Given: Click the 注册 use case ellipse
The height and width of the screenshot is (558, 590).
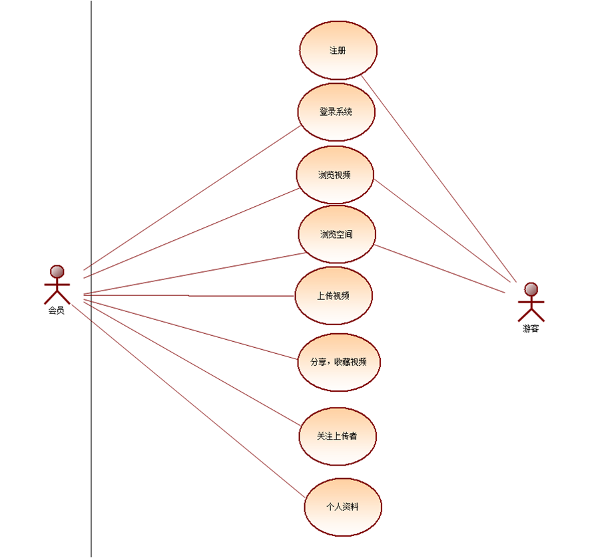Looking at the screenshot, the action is (338, 51).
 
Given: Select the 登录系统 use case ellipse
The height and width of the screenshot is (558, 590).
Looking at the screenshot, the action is (336, 112).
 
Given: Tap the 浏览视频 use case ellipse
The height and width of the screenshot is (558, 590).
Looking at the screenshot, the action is (335, 175).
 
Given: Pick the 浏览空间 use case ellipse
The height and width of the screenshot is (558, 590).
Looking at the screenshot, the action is (337, 234).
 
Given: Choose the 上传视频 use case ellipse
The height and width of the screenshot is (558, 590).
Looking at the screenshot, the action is (334, 295).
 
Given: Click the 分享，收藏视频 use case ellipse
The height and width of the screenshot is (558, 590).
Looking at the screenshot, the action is (339, 362).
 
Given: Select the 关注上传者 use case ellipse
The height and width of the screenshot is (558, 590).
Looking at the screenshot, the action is (338, 436).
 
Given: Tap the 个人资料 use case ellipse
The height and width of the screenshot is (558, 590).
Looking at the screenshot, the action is (343, 507).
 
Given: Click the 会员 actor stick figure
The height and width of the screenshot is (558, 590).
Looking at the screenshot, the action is (57, 286).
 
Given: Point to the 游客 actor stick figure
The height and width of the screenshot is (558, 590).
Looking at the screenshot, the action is (531, 303).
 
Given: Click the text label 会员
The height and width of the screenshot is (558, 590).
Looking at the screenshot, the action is (57, 311).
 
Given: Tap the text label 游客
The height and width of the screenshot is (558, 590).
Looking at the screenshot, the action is (531, 329).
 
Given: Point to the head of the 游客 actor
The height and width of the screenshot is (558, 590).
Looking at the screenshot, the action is (531, 289).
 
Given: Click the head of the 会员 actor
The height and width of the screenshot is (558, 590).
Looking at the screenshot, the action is (57, 271).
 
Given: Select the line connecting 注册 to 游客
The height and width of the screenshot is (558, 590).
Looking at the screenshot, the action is (440, 178).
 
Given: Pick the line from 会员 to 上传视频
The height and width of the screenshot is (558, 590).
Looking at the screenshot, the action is (190, 295).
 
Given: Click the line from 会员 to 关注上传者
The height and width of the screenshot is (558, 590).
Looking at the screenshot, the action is (193, 363).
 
